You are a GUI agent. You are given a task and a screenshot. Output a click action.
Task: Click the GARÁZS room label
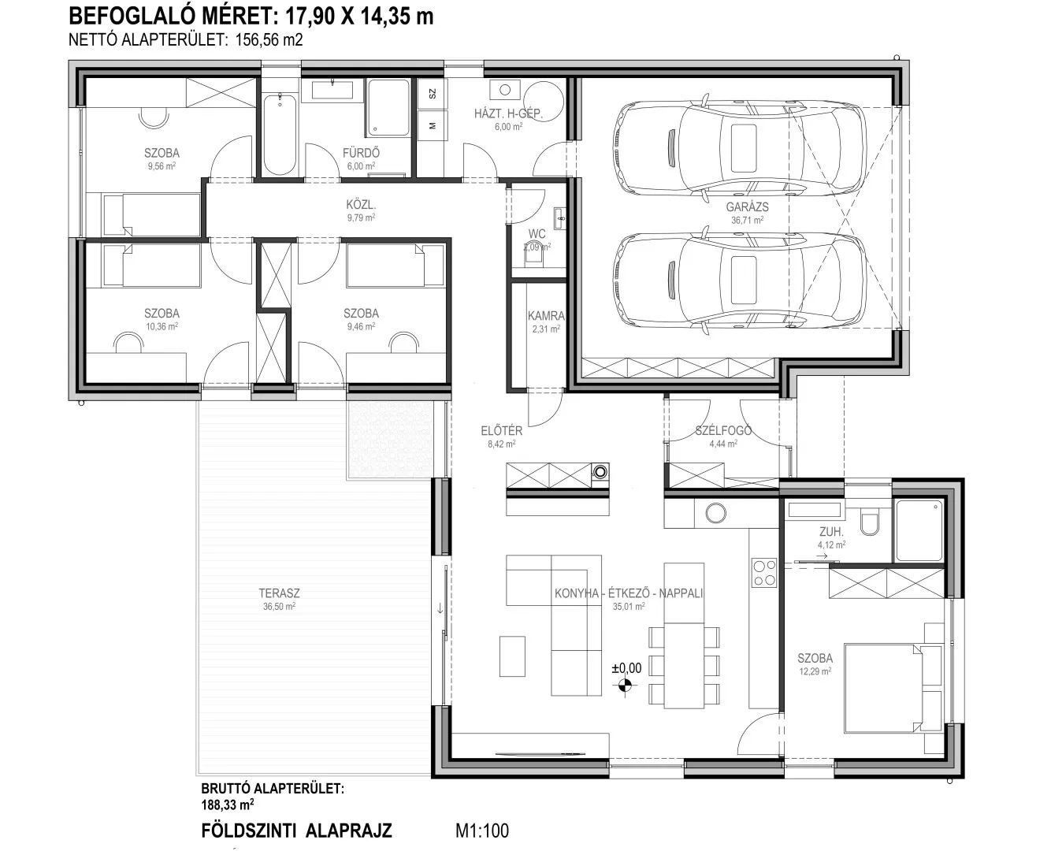(747, 207)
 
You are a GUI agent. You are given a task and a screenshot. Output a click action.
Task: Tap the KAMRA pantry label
(546, 316)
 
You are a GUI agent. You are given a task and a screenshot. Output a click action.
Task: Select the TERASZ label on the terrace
(279, 593)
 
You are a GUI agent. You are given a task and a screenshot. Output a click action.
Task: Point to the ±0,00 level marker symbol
(625, 686)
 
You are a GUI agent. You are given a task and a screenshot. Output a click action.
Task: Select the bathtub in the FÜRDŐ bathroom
(280, 134)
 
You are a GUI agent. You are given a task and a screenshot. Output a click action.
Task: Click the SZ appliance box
(433, 94)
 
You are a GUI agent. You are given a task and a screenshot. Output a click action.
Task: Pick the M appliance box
(433, 126)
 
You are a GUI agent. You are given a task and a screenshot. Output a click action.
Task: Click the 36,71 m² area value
(747, 220)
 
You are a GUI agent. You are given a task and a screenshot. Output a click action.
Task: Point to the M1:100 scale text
(481, 831)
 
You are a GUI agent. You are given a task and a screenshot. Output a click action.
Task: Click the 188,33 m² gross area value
(228, 805)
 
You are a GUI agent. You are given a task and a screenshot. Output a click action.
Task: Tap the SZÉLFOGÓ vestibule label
(723, 431)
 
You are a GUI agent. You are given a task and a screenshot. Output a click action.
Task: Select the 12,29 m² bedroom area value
(815, 671)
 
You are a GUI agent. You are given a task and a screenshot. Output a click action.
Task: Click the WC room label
(537, 234)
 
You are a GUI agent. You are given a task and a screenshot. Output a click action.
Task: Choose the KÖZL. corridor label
(361, 204)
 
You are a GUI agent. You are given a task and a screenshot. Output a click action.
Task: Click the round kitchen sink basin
(715, 513)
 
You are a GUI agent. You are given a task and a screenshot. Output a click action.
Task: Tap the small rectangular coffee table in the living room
(512, 656)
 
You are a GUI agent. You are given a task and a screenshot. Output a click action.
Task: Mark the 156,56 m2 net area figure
(269, 40)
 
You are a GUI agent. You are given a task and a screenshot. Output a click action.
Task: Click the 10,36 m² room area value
(162, 326)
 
